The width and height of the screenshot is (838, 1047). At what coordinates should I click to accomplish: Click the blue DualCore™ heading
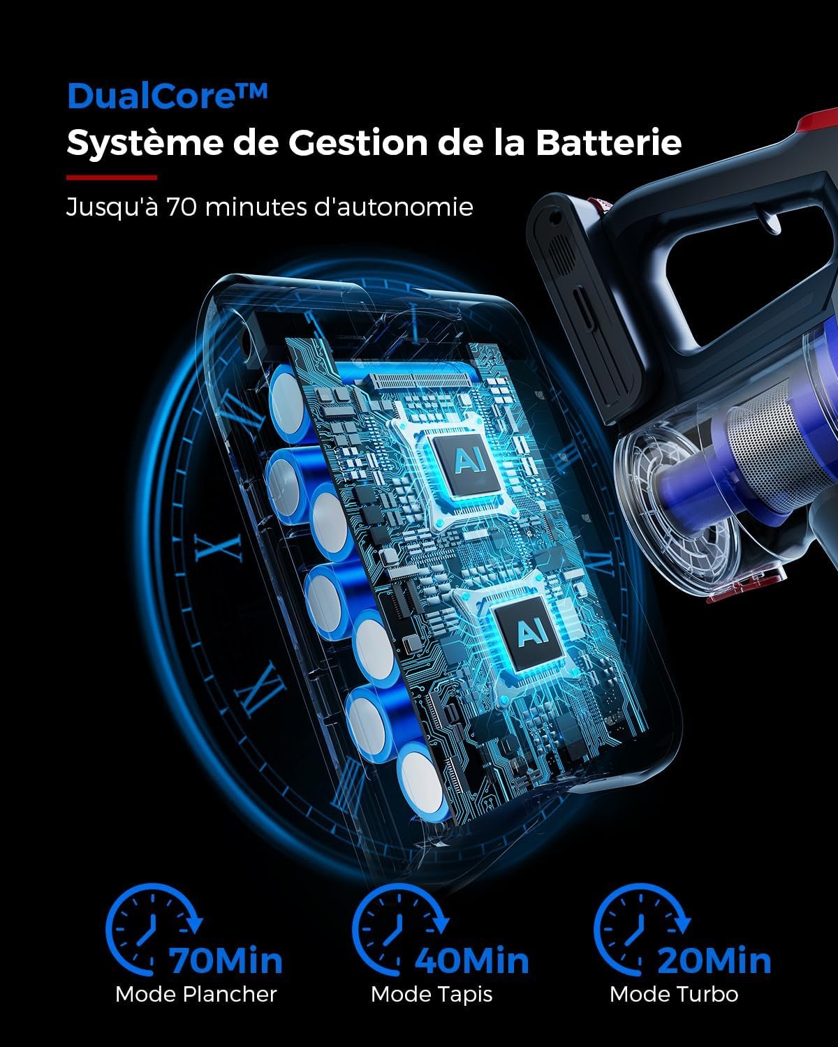(167, 96)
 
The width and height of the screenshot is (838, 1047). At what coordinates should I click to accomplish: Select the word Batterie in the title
(609, 142)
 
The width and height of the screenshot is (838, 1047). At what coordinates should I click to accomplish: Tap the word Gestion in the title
(358, 142)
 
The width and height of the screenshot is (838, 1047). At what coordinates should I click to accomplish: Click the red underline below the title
(112, 177)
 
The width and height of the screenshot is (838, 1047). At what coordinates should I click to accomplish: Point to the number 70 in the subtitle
(181, 207)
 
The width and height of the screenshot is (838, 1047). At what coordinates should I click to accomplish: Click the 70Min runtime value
(226, 961)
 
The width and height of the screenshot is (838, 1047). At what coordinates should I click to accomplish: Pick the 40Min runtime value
(472, 961)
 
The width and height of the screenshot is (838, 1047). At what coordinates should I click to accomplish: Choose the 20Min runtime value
(714, 961)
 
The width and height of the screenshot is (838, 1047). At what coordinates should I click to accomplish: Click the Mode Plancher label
(196, 994)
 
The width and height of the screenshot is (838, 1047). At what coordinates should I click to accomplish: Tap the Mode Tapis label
(432, 995)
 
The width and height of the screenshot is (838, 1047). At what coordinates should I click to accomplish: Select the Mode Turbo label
(674, 994)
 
